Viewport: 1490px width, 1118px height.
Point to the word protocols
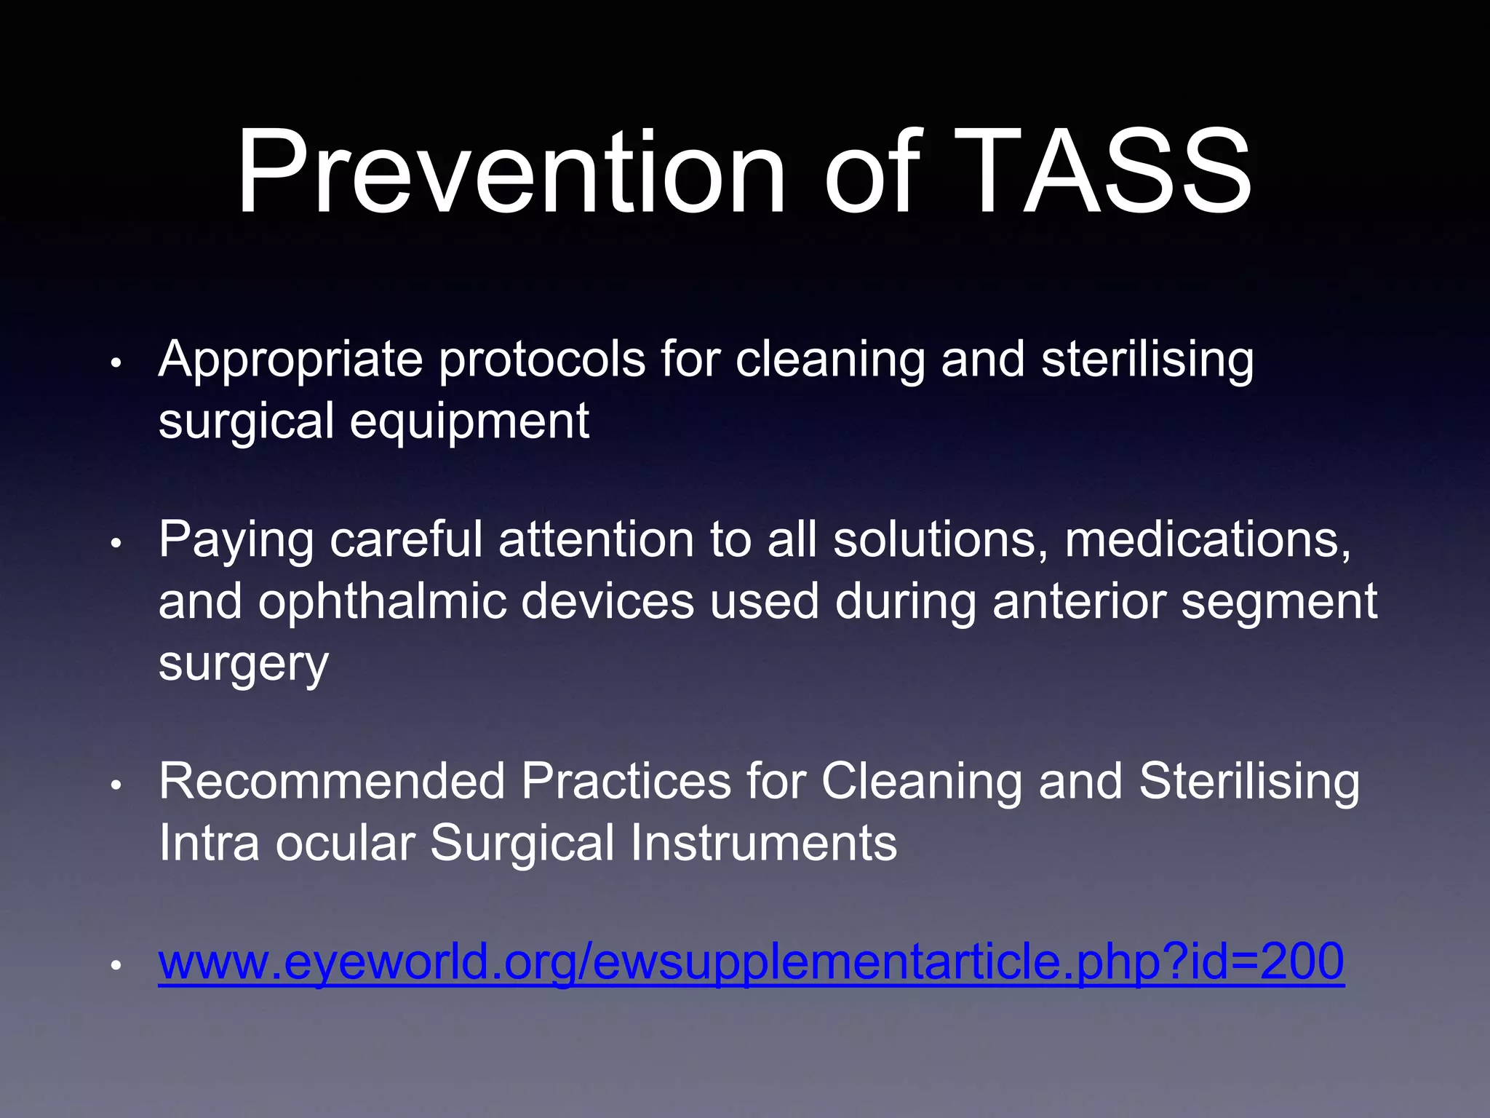coord(541,360)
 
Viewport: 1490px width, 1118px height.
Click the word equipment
coord(469,422)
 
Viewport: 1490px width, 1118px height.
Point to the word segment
coord(1279,603)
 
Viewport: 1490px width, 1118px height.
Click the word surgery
coord(244,664)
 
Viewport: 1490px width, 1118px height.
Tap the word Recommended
coord(332,781)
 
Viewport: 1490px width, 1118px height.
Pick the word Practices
coord(626,781)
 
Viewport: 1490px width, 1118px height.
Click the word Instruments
coord(763,843)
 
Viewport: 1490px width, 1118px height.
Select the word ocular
coord(345,843)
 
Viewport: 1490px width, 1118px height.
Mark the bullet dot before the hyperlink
coord(115,965)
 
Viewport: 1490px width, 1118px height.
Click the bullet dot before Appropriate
coord(115,363)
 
